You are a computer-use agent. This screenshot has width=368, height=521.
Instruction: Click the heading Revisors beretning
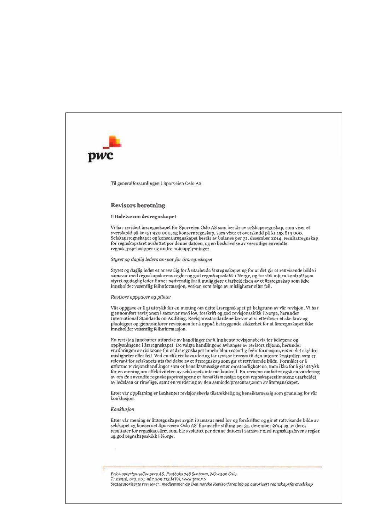(x=138, y=205)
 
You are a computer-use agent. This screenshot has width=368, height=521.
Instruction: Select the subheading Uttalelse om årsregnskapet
(x=143, y=216)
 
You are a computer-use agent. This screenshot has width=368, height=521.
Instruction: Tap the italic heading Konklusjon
(x=122, y=409)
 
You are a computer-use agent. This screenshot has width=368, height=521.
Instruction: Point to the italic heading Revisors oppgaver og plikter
(x=141, y=297)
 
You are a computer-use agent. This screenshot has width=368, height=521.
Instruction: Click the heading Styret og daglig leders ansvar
(x=161, y=260)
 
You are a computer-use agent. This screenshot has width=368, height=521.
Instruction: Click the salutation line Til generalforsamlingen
(x=156, y=183)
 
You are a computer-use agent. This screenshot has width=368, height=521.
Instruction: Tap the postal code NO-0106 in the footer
(x=219, y=474)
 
